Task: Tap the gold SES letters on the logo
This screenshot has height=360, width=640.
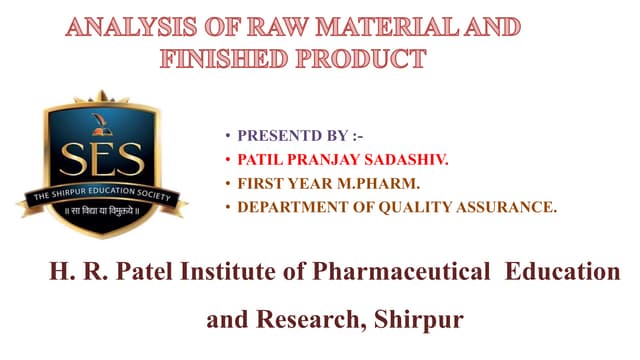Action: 102,159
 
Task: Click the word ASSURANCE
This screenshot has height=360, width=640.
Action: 504,207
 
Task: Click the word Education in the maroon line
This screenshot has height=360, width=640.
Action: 564,272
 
